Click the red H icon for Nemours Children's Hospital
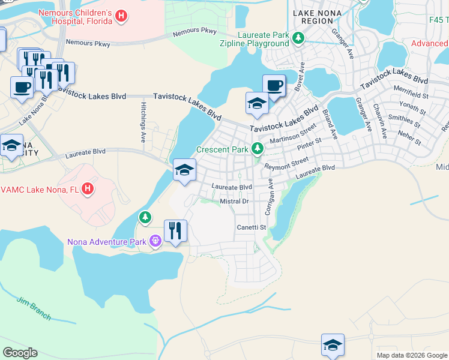click(x=121, y=16)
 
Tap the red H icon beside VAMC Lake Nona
click(x=88, y=189)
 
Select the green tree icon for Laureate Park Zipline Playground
click(x=298, y=39)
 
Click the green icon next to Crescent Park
click(x=257, y=148)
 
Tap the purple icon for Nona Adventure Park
click(x=155, y=241)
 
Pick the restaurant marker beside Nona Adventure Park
click(x=175, y=231)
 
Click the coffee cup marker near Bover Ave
click(x=274, y=85)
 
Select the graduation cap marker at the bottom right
click(x=333, y=345)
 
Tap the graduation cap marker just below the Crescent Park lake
click(x=184, y=170)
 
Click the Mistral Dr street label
click(x=234, y=202)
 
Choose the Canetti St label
click(x=251, y=227)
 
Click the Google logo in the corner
click(x=20, y=352)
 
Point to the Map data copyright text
click(x=411, y=355)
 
